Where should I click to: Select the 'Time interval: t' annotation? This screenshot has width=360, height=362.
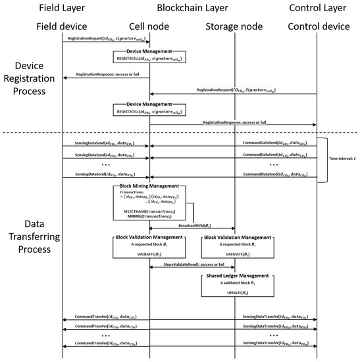click(x=344, y=159)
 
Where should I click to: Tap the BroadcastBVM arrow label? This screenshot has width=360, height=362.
click(x=192, y=224)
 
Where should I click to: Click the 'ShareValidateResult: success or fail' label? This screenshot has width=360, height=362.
click(x=192, y=265)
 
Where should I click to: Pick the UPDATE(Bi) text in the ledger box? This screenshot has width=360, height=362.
click(x=235, y=291)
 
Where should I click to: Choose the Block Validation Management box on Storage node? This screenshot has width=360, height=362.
click(x=235, y=245)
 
